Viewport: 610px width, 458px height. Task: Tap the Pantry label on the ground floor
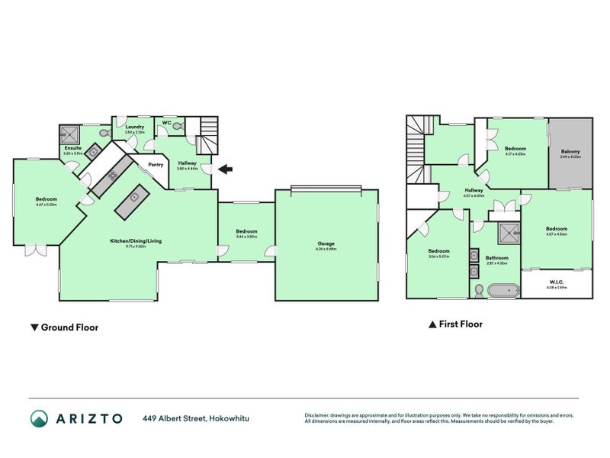click(156, 164)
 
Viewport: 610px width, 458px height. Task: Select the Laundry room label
click(135, 127)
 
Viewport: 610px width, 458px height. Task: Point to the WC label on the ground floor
click(166, 122)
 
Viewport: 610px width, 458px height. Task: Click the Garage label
click(326, 244)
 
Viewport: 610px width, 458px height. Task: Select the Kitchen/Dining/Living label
click(135, 240)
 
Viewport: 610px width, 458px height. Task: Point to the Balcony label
click(570, 152)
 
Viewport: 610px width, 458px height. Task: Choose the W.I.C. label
click(554, 283)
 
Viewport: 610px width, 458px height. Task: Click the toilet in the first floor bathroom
click(478, 290)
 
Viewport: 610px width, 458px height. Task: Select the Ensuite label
click(72, 149)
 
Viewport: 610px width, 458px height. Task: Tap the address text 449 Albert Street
click(175, 418)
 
